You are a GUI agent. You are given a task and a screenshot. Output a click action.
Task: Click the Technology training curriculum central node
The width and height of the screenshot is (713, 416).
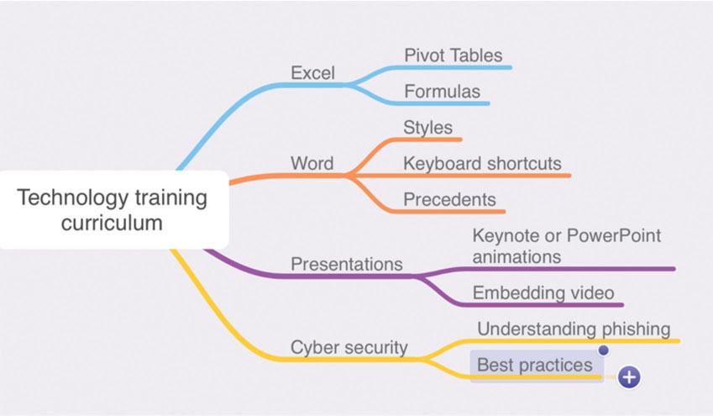[x=113, y=210]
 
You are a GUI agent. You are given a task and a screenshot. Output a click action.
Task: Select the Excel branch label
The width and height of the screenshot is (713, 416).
[x=312, y=73]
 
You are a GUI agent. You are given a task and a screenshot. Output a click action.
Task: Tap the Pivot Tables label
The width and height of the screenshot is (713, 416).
[x=453, y=55]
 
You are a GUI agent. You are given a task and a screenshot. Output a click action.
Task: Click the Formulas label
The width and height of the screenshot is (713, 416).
[x=442, y=91]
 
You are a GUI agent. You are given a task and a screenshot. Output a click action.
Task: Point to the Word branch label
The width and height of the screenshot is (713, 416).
[x=312, y=163]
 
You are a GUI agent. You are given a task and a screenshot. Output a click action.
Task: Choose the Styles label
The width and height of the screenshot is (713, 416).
[x=427, y=128]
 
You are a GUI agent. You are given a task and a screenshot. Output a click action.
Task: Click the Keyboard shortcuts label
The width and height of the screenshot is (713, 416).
[x=482, y=163]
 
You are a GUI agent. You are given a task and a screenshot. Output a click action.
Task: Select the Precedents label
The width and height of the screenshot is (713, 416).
[x=449, y=200]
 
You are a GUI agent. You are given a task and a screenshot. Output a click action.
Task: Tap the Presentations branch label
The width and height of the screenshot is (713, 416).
[x=346, y=264]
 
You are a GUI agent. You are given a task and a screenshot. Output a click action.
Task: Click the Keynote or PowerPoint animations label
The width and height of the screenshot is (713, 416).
[x=566, y=245]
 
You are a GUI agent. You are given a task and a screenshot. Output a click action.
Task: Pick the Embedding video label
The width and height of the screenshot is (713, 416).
[x=543, y=292]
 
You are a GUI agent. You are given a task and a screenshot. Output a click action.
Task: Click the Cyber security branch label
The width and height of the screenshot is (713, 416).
[x=349, y=346]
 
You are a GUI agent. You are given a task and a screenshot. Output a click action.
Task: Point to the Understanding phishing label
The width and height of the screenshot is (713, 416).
[x=574, y=328]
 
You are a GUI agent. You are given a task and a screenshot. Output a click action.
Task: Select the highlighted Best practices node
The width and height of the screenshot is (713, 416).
[x=535, y=366]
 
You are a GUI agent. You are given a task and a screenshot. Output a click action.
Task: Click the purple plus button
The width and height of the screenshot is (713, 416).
[x=629, y=377]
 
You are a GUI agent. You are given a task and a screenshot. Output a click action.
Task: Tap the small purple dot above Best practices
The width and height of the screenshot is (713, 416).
[x=603, y=349]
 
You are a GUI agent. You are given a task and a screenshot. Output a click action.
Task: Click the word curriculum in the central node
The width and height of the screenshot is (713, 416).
[x=112, y=224]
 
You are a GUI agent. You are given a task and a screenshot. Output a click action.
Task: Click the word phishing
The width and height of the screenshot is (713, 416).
[x=633, y=328]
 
